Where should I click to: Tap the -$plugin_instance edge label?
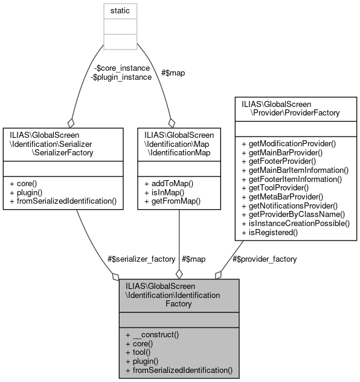pyautogui.click(x=121, y=77)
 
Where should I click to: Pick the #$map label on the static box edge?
pyautogui.click(x=174, y=73)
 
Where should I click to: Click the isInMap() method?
pyautogui.click(x=161, y=191)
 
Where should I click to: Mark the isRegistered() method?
pyautogui.click(x=270, y=231)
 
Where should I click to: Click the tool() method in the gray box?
pyautogui.click(x=140, y=352)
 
